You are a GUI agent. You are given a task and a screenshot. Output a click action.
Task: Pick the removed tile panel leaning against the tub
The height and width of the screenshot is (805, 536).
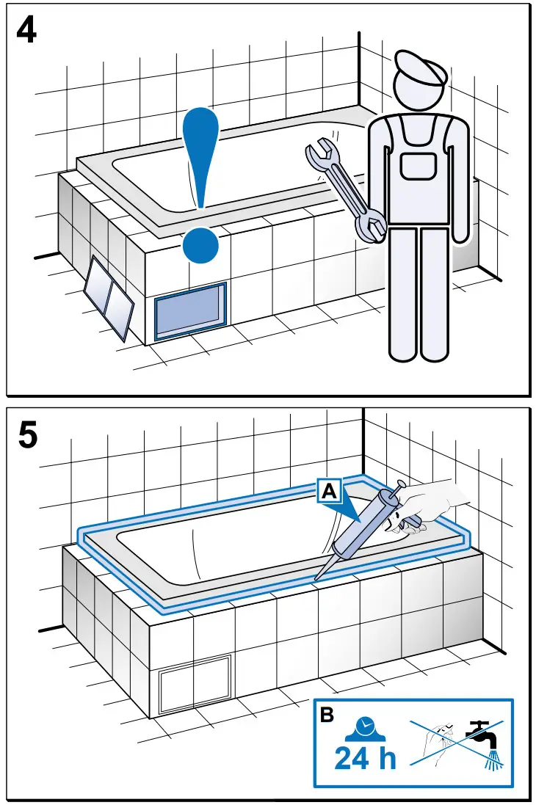pyautogui.click(x=109, y=298)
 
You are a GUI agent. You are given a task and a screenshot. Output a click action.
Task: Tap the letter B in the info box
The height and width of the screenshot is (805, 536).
pyautogui.click(x=327, y=713)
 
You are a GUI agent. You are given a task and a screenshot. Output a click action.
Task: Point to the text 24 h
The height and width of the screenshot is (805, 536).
pyautogui.click(x=365, y=758)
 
